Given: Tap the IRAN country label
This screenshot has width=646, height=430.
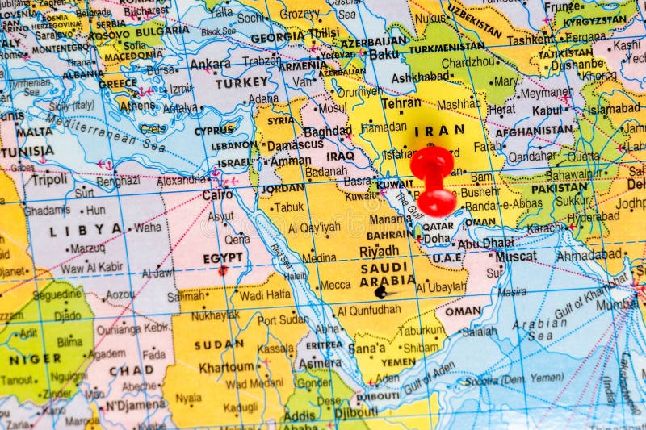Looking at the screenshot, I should pos(439,129).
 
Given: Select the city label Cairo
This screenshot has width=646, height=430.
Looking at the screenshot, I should pos(217,194).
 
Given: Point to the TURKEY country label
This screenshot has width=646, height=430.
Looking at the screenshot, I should pos(241,82).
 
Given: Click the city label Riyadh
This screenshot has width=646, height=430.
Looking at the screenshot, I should pos(379,251).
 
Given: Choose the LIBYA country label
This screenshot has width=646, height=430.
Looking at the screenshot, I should pos(86,230).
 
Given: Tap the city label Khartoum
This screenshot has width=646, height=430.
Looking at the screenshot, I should pos(227,367).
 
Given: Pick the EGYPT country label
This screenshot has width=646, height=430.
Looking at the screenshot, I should pos(222,257).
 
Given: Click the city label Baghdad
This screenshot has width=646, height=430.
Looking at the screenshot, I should pos(328,131).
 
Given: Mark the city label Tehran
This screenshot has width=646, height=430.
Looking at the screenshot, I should pos(401,103).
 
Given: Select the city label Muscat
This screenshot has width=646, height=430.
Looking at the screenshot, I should pos(516,256).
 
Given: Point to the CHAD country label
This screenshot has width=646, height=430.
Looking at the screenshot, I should pos(132,370).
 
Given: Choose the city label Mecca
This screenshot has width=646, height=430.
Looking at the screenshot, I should pos(335,285).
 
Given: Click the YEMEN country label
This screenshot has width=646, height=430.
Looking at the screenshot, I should pos(398,362).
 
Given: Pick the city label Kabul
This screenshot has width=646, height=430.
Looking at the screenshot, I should pos(547,110).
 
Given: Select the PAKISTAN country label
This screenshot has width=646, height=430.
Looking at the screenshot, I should pos(559,187).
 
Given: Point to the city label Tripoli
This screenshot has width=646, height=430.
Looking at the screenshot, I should pos(49,179).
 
